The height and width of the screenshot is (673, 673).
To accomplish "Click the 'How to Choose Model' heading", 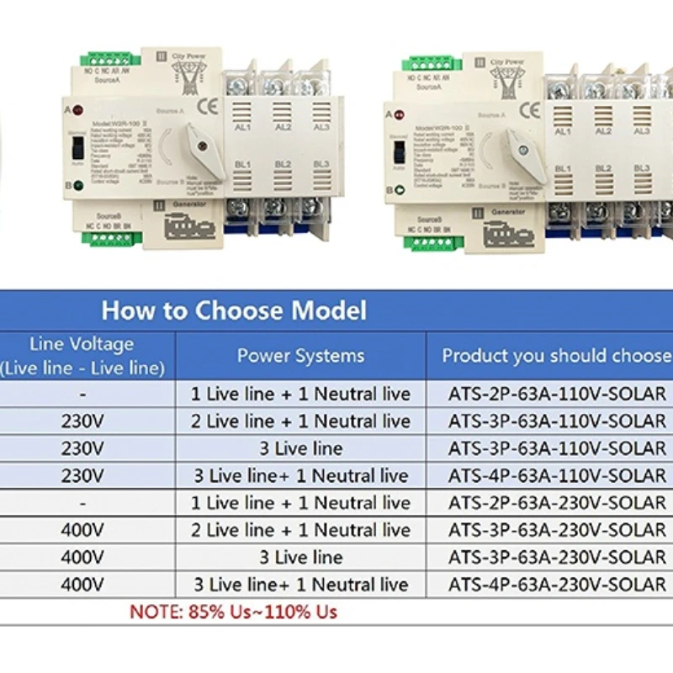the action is click(x=234, y=310).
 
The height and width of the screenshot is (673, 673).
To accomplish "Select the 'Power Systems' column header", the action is click(x=300, y=355).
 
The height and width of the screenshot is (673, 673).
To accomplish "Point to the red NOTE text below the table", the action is click(x=233, y=612).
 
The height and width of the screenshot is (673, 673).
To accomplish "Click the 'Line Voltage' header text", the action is click(x=82, y=344).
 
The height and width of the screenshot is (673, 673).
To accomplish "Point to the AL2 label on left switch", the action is click(x=283, y=127).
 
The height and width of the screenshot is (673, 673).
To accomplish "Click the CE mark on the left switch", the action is click(x=205, y=107).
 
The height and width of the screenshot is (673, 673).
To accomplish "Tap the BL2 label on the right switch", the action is click(x=603, y=168).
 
